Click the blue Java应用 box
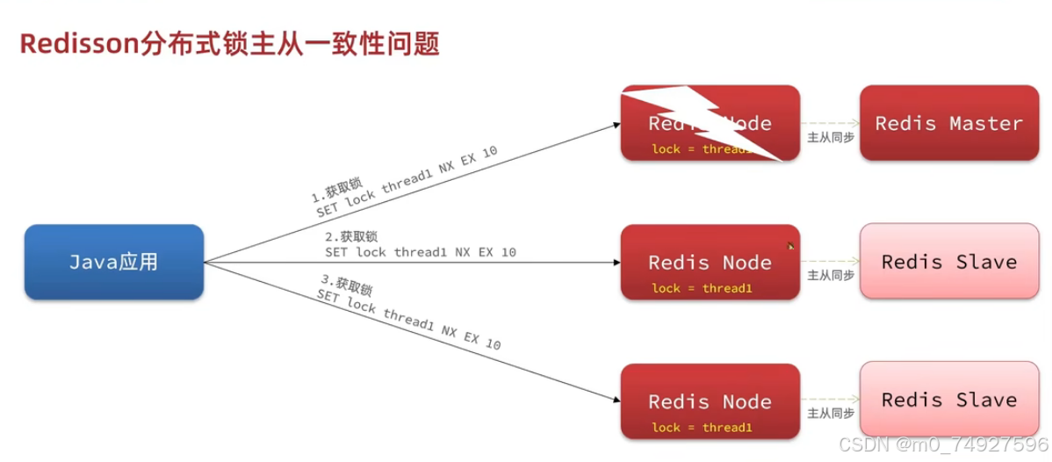point(114,262)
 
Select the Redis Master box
point(948,123)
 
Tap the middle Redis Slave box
point(948,261)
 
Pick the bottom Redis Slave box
point(948,400)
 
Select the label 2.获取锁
point(351,236)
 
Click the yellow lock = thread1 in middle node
point(702,288)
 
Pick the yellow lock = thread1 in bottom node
point(702,428)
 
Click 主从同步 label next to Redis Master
point(830,137)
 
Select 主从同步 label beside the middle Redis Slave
point(830,275)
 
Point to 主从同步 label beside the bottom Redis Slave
point(830,413)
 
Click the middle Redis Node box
point(710,262)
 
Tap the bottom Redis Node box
point(710,401)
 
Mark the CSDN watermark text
point(943,445)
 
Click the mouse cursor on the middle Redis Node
point(790,246)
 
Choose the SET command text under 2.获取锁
point(421,252)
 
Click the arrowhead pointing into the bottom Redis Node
point(616,401)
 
